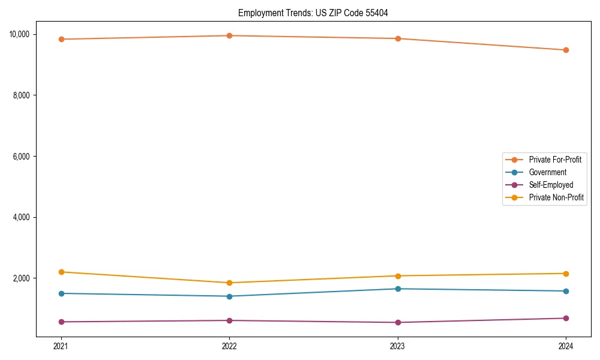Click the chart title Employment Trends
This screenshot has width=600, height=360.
click(313, 13)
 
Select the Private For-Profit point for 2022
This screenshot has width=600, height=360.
click(229, 35)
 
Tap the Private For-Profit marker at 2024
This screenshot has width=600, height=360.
click(566, 50)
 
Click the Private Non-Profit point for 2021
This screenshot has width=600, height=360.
click(61, 272)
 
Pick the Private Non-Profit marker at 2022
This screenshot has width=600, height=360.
click(229, 283)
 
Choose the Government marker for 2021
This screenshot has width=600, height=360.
click(61, 293)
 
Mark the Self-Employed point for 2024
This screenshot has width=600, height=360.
click(566, 318)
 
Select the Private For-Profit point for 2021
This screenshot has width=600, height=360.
click(61, 39)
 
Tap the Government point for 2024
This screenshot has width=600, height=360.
click(566, 291)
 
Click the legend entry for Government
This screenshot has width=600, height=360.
click(547, 172)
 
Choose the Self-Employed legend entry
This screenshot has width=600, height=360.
click(551, 185)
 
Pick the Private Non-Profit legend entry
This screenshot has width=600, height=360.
click(556, 197)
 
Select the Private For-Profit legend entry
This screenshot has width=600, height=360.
click(555, 160)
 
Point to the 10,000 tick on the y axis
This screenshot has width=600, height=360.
click(21, 34)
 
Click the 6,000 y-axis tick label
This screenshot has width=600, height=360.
click(23, 156)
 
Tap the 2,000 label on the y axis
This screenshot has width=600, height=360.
click(23, 278)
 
